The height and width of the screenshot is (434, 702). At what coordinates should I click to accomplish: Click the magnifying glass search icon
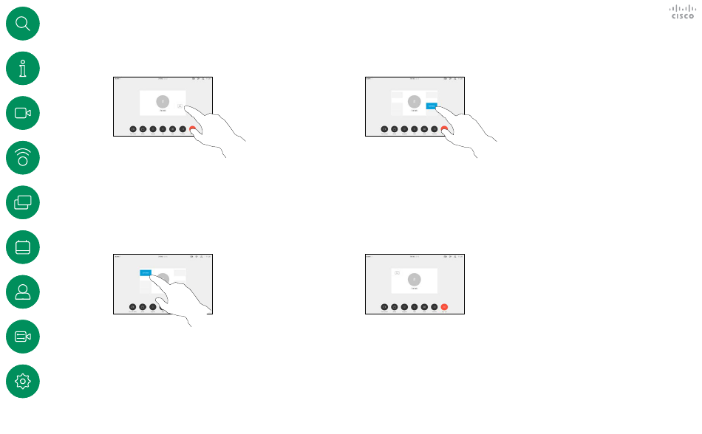22,24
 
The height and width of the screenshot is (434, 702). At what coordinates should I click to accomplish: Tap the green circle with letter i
22,69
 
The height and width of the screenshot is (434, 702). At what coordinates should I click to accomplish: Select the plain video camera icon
22,113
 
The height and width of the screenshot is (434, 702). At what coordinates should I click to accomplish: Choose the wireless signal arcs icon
22,158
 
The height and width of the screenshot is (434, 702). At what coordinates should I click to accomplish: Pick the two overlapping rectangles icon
22,202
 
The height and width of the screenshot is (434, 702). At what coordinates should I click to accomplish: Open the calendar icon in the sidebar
22,247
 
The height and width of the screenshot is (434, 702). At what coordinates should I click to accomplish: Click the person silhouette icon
22,292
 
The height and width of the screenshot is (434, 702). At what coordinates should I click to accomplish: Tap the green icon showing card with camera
22,337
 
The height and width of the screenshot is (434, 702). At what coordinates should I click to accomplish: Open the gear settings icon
22,381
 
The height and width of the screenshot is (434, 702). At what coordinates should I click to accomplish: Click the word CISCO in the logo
682,16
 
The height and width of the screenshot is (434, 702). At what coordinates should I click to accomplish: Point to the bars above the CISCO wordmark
682,8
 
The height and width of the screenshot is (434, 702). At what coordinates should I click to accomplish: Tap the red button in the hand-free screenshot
444,306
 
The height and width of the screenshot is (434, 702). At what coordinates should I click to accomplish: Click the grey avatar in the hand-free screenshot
415,279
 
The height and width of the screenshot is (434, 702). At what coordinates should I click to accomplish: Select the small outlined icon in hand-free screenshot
397,273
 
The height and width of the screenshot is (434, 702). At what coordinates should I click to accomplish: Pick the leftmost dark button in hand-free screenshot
384,306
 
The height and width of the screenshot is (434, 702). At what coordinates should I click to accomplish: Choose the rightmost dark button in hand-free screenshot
434,306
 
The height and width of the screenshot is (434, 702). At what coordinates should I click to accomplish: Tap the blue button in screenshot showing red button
431,106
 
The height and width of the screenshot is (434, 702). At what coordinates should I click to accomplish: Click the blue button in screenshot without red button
146,272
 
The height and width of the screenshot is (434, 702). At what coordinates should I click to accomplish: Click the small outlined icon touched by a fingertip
180,106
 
